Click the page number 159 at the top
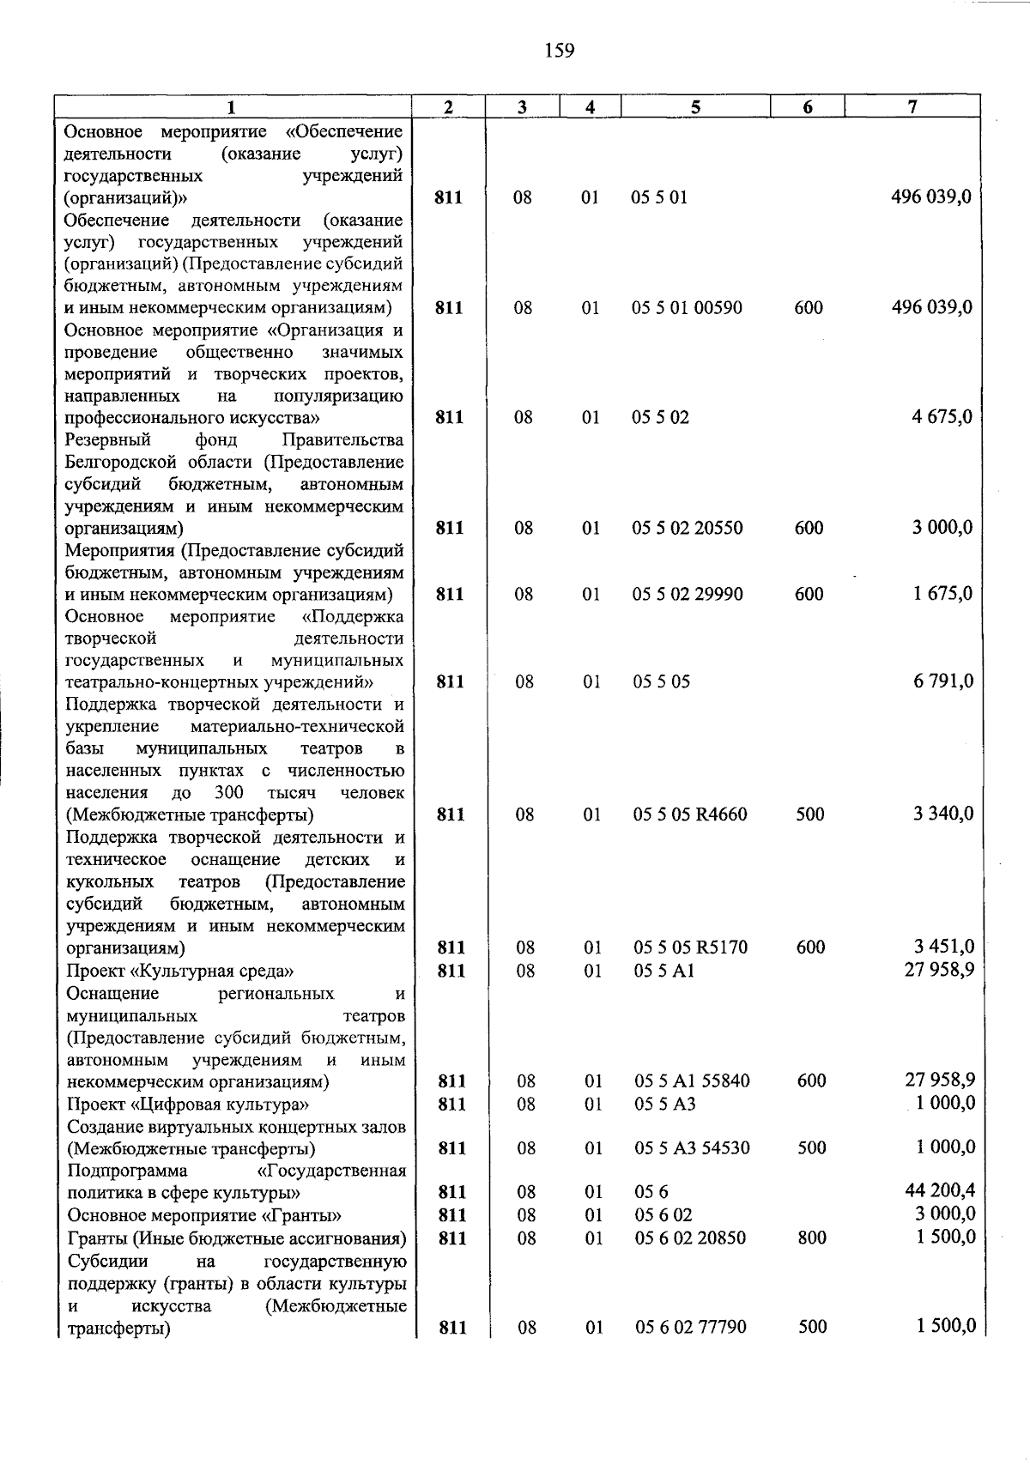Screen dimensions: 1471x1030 coord(559,51)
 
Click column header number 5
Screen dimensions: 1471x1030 coord(695,107)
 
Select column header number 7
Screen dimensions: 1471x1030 coord(912,107)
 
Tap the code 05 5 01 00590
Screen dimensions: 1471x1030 coord(688,308)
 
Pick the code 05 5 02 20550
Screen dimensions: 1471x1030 coord(688,528)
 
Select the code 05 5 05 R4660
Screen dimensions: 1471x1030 coord(690,814)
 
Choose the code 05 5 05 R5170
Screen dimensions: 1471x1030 coord(690,947)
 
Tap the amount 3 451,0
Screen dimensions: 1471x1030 coord(943,947)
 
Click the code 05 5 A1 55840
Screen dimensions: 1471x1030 coord(692,1081)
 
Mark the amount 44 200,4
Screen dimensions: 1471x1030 coord(940,1190)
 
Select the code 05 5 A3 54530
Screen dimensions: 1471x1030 coord(691,1148)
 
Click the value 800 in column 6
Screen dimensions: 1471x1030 coord(811,1238)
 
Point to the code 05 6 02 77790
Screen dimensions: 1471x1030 coord(691,1327)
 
